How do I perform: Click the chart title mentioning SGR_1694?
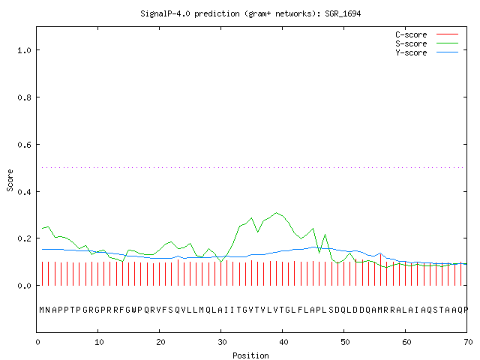point(250,13)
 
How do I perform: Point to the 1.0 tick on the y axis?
point(24,50)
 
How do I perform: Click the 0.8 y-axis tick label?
point(24,97)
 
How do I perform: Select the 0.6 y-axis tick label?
point(24,145)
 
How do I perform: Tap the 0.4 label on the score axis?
point(24,192)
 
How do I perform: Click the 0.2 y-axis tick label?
point(24,238)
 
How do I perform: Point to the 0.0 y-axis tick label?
point(24,286)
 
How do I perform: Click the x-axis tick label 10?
point(99,342)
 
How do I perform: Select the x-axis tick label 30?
point(222,342)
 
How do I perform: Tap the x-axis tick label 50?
point(345,342)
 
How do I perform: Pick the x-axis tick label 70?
point(468,342)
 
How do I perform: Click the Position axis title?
point(250,355)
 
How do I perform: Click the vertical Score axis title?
point(10,180)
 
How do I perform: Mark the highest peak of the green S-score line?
point(277,212)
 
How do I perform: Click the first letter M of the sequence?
point(42,310)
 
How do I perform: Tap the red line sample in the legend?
point(447,34)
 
